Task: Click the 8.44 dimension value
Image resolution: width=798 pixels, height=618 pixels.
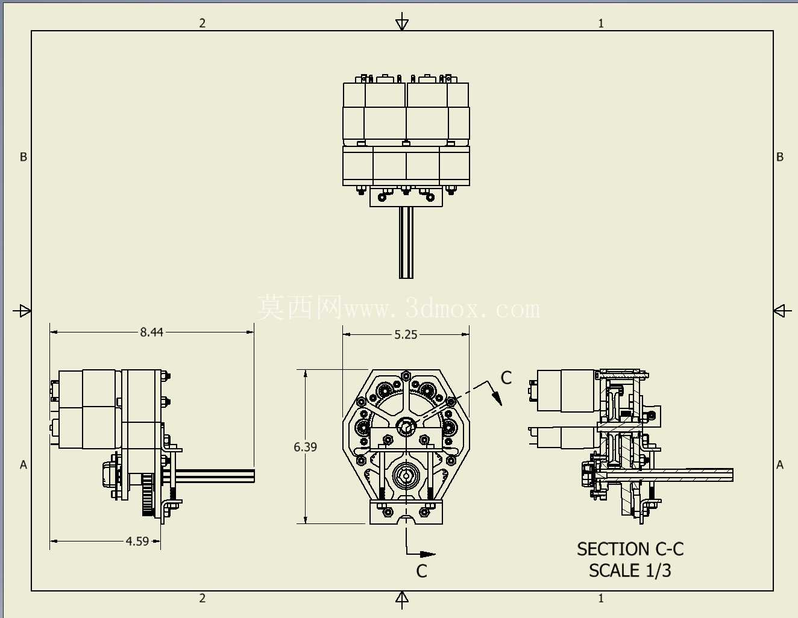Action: [x=151, y=332]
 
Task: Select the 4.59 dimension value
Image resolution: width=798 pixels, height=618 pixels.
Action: [x=137, y=541]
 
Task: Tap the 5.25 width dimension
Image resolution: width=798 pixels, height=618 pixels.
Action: [x=406, y=335]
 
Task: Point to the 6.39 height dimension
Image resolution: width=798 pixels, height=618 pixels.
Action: [x=305, y=446]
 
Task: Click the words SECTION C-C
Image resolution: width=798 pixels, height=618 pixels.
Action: [x=630, y=549]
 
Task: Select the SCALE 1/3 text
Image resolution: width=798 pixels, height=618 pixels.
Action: [x=630, y=570]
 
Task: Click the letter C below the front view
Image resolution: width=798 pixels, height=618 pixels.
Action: [x=421, y=572]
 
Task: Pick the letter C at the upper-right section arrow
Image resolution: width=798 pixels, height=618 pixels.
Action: [x=506, y=378]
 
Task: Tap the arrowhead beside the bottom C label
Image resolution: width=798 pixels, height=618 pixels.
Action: [x=427, y=554]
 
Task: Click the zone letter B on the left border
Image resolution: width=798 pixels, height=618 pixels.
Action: [x=23, y=157]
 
